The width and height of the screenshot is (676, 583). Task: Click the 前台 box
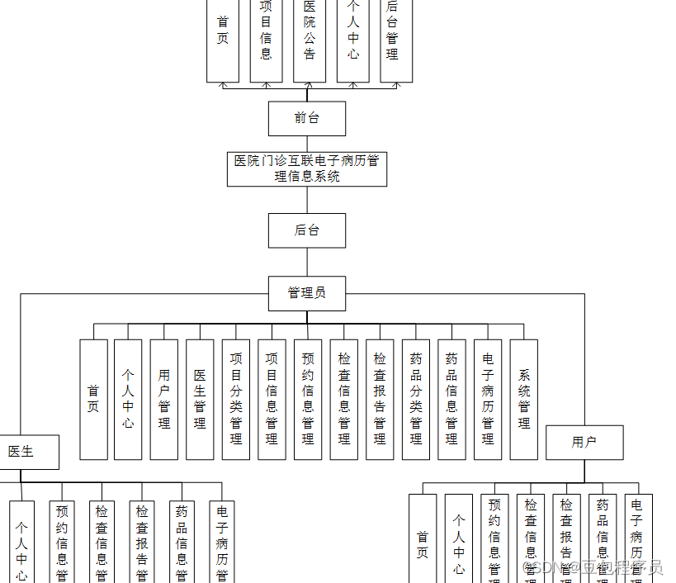click(306, 118)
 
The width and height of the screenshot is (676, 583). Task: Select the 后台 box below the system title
click(306, 230)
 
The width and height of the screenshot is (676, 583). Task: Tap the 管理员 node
click(306, 293)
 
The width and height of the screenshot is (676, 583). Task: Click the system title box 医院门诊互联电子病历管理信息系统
click(306, 168)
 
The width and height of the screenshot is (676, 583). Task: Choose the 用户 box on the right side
click(584, 443)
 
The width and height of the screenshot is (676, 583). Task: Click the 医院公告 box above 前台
click(310, 41)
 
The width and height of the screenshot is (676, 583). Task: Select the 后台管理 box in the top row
click(396, 41)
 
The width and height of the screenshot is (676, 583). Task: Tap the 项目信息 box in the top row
click(266, 41)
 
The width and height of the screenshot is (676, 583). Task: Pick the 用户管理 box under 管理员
click(164, 400)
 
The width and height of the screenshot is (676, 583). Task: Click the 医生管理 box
click(200, 400)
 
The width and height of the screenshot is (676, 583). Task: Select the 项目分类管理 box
click(236, 400)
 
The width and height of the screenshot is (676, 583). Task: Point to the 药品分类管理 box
click(416, 400)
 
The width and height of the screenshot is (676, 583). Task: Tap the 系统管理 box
click(524, 400)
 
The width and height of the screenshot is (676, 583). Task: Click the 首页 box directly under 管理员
click(93, 400)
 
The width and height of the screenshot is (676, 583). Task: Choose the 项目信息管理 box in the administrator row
click(272, 400)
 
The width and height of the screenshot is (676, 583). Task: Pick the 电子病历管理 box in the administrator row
click(488, 400)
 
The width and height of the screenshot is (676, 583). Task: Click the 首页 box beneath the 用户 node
click(423, 541)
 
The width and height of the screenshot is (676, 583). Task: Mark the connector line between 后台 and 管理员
click(307, 262)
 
